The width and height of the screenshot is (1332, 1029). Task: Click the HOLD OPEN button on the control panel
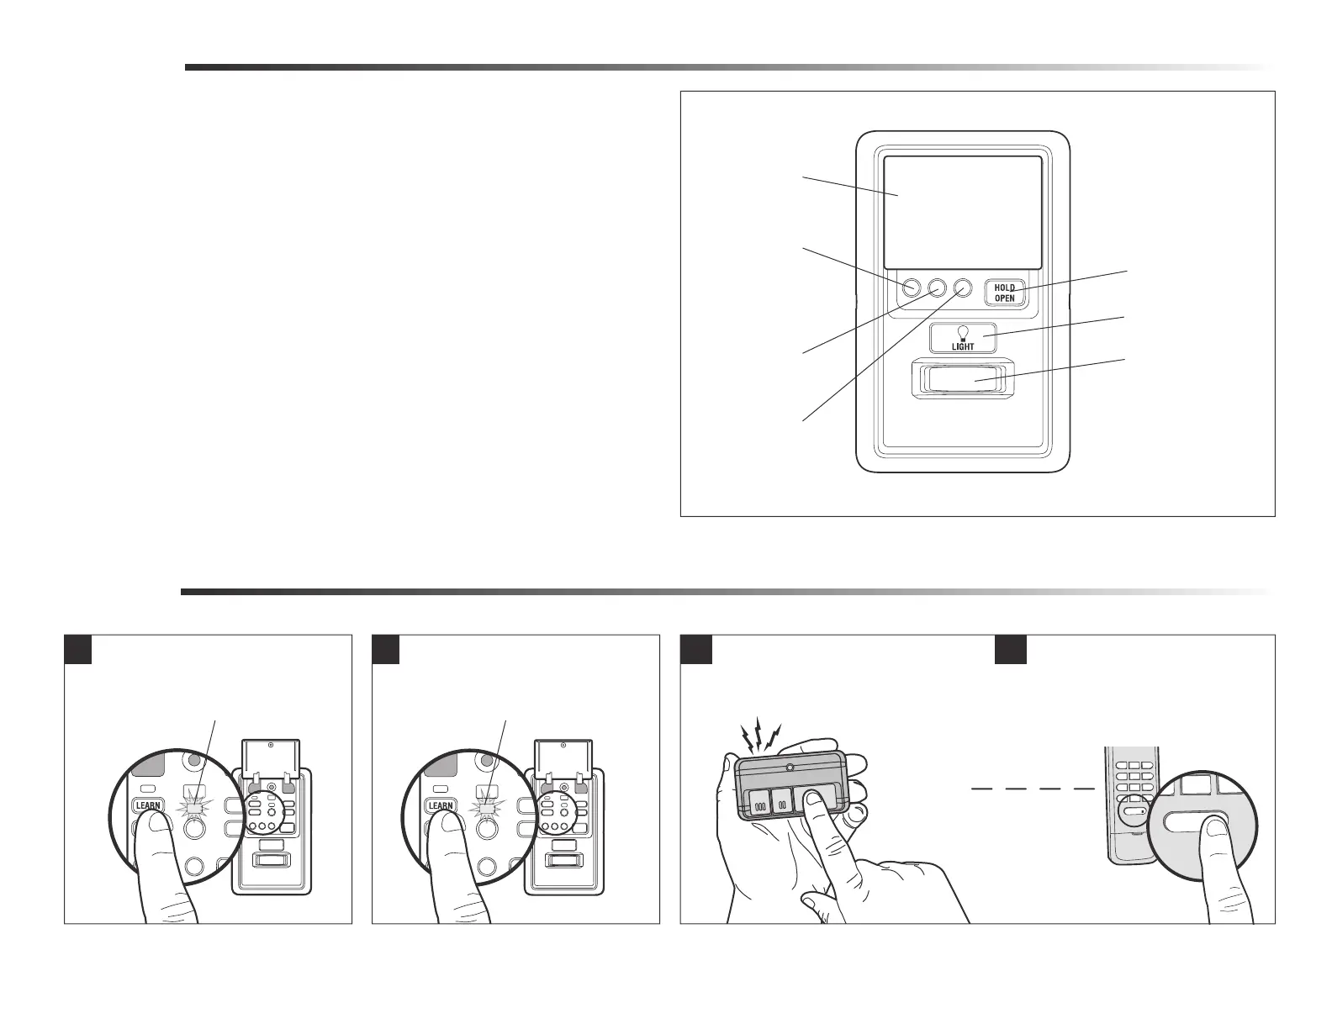(1005, 293)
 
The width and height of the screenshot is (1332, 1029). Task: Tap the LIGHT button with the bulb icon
(963, 338)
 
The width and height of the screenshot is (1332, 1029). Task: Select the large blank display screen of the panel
(963, 212)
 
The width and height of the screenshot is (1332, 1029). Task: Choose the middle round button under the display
(938, 288)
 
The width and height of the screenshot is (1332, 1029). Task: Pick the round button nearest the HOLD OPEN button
(963, 288)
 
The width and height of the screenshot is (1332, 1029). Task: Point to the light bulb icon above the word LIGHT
(963, 331)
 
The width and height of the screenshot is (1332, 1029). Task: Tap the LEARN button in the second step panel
(440, 805)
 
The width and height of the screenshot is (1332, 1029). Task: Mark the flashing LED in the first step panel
(196, 809)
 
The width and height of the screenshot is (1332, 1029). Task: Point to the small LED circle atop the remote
(790, 768)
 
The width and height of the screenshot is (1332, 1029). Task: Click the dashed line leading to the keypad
(1033, 789)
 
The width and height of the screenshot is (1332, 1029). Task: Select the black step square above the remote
(696, 649)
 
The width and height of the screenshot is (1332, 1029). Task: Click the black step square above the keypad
(1010, 649)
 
